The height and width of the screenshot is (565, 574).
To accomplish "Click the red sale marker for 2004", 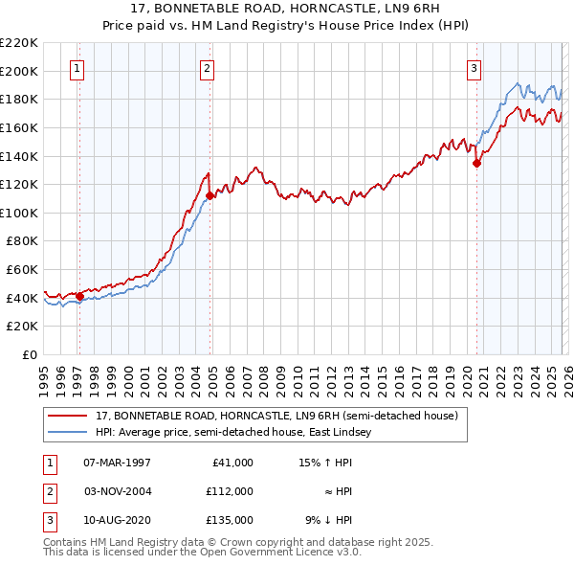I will pos(210,195).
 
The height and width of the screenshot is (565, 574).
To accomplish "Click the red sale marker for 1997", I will pos(79,296).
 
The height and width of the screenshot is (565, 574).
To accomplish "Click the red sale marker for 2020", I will pos(476,163).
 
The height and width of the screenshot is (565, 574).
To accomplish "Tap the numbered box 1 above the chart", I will pos(76,68).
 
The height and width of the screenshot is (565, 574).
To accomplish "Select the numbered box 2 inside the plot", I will pos(207,68).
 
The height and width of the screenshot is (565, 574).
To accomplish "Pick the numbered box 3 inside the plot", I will pos(473,68).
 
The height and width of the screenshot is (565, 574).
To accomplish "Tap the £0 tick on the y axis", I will pos(29,354).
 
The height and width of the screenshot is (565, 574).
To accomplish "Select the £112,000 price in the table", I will pos(230,491).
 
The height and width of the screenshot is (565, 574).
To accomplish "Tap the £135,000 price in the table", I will pos(230,520).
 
